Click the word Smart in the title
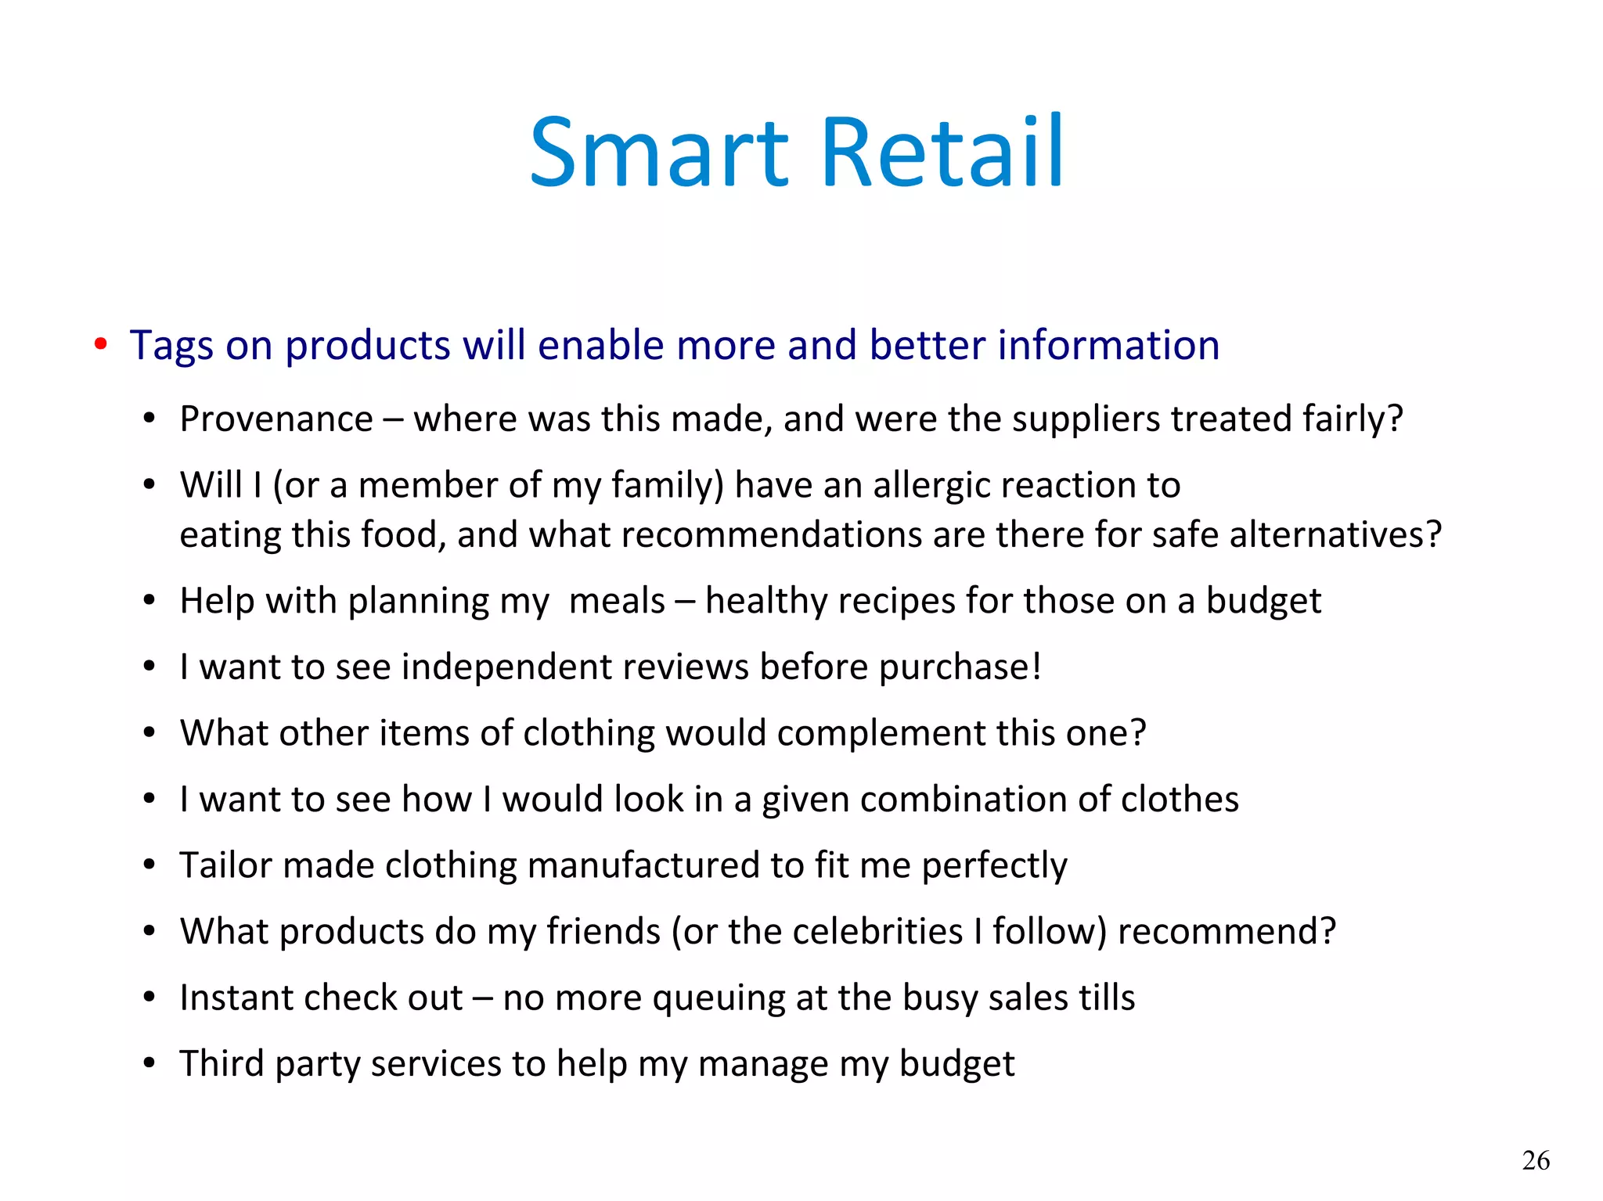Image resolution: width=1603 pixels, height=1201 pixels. [659, 153]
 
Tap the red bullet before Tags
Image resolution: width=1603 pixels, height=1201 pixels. [100, 344]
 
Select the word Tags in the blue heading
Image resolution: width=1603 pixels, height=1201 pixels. [171, 346]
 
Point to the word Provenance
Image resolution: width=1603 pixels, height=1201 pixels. [276, 419]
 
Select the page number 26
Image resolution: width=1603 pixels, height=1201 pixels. [1536, 1160]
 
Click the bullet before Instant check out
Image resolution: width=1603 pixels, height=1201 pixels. [149, 998]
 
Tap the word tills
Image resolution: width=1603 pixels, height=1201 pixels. [1106, 998]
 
